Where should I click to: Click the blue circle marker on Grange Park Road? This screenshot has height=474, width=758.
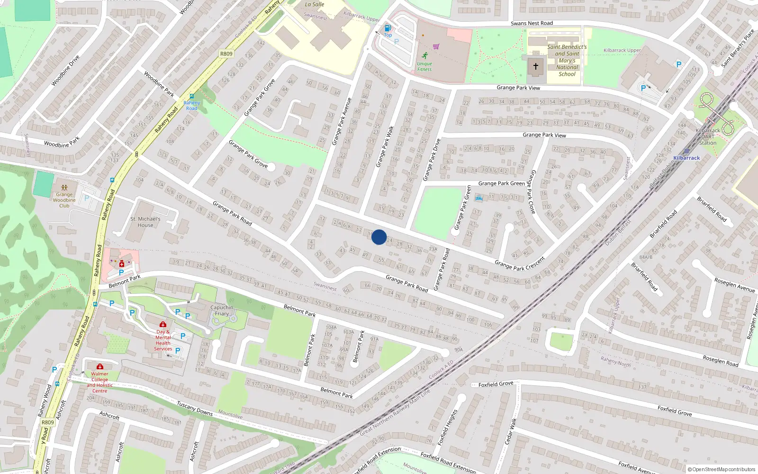pyautogui.click(x=379, y=237)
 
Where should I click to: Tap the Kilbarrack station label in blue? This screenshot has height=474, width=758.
pyautogui.click(x=686, y=158)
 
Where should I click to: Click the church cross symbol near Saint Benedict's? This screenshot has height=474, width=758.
pyautogui.click(x=536, y=66)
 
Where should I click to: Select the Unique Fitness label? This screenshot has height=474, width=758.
pyautogui.click(x=424, y=66)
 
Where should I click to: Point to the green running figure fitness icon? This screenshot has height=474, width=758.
pyautogui.click(x=425, y=55)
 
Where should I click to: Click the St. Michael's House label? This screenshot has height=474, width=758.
pyautogui.click(x=145, y=222)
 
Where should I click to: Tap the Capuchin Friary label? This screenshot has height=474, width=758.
pyautogui.click(x=222, y=310)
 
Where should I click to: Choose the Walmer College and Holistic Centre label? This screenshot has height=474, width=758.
pyautogui.click(x=99, y=382)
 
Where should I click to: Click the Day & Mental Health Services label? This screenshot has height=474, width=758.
pyautogui.click(x=163, y=340)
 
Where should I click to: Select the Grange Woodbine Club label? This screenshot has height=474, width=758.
pyautogui.click(x=64, y=200)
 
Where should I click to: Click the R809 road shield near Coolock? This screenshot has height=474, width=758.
pyautogui.click(x=226, y=54)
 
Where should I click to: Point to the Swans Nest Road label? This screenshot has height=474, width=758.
pyautogui.click(x=532, y=23)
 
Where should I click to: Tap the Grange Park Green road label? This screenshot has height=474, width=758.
pyautogui.click(x=501, y=183)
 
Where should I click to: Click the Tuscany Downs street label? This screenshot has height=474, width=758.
pyautogui.click(x=195, y=408)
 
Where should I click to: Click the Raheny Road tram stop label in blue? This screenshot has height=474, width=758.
pyautogui.click(x=192, y=105)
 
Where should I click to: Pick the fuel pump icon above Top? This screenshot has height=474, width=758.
pyautogui.click(x=388, y=28)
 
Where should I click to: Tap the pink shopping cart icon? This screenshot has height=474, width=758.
pyautogui.click(x=436, y=46)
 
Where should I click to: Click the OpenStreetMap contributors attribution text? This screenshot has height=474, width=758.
pyautogui.click(x=722, y=469)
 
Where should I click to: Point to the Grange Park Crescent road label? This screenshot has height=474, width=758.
pyautogui.click(x=520, y=264)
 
